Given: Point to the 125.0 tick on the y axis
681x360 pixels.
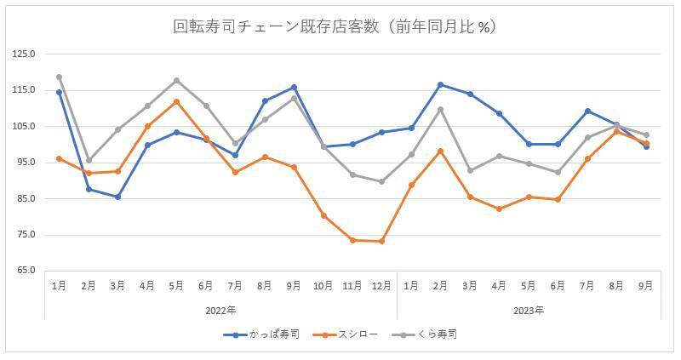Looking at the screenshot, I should coord(24,54).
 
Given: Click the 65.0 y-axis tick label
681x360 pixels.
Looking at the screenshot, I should coord(24,271).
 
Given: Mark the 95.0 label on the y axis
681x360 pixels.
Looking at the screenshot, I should coord(24,163).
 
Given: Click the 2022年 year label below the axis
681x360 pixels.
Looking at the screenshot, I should coord(220,310).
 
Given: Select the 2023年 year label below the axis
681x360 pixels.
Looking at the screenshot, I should coord(528,310).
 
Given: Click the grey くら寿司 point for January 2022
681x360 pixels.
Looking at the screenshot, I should coord(59,77).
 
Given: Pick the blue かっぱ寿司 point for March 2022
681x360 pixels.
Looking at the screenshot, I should coord(117,197).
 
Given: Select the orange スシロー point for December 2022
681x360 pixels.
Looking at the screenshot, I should coord(381,241).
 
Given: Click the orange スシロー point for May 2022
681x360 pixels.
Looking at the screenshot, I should coord(176,101).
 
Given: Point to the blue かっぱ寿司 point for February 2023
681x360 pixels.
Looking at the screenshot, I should coord(440,84).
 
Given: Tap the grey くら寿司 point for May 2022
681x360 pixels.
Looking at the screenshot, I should coord(176,80).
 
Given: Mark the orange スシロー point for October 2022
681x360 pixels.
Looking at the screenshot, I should coord(323,215).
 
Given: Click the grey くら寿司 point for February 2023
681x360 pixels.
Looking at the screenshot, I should coord(440,109).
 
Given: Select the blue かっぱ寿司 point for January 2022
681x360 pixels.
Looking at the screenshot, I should coord(59,92).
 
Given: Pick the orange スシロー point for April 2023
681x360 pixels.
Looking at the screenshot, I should coord(499,209).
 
